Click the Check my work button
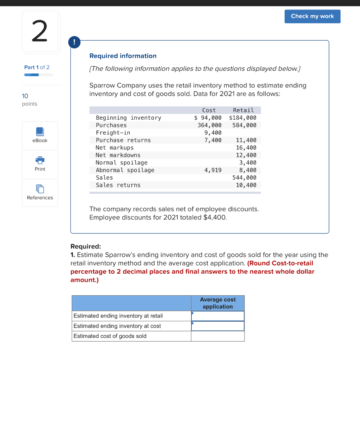312,16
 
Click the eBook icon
40,132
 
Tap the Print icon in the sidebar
40,161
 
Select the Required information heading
123,56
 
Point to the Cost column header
209,110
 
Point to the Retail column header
243,110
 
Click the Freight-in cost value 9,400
213,132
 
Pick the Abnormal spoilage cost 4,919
213,170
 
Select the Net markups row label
115,147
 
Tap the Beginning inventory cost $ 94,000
208,118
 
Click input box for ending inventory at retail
217,316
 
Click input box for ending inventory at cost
217,326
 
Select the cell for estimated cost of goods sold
217,336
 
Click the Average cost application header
217,303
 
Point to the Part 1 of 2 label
37,67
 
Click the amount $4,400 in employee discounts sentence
215,217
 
